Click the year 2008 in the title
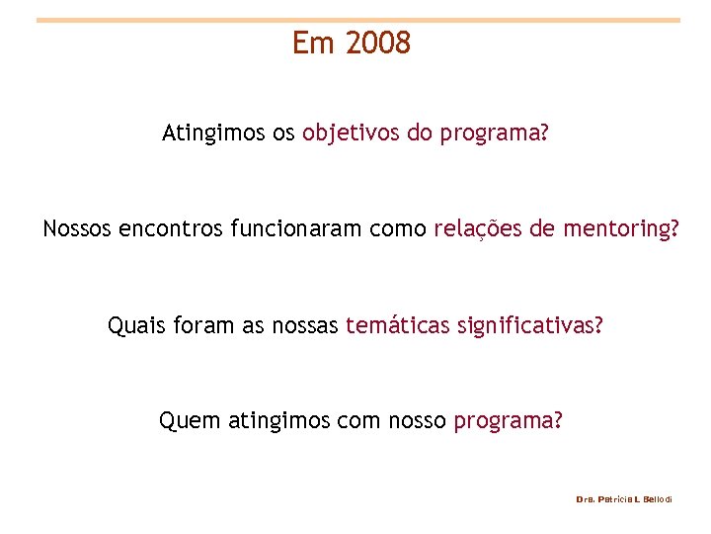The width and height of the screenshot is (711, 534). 379,44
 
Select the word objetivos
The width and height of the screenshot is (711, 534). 351,133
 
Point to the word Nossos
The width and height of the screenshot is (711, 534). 77,230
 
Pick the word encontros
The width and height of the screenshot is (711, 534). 171,230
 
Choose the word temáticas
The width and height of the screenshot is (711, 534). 398,325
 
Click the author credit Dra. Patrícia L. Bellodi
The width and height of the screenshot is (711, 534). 623,500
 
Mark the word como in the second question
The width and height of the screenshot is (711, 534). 399,230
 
